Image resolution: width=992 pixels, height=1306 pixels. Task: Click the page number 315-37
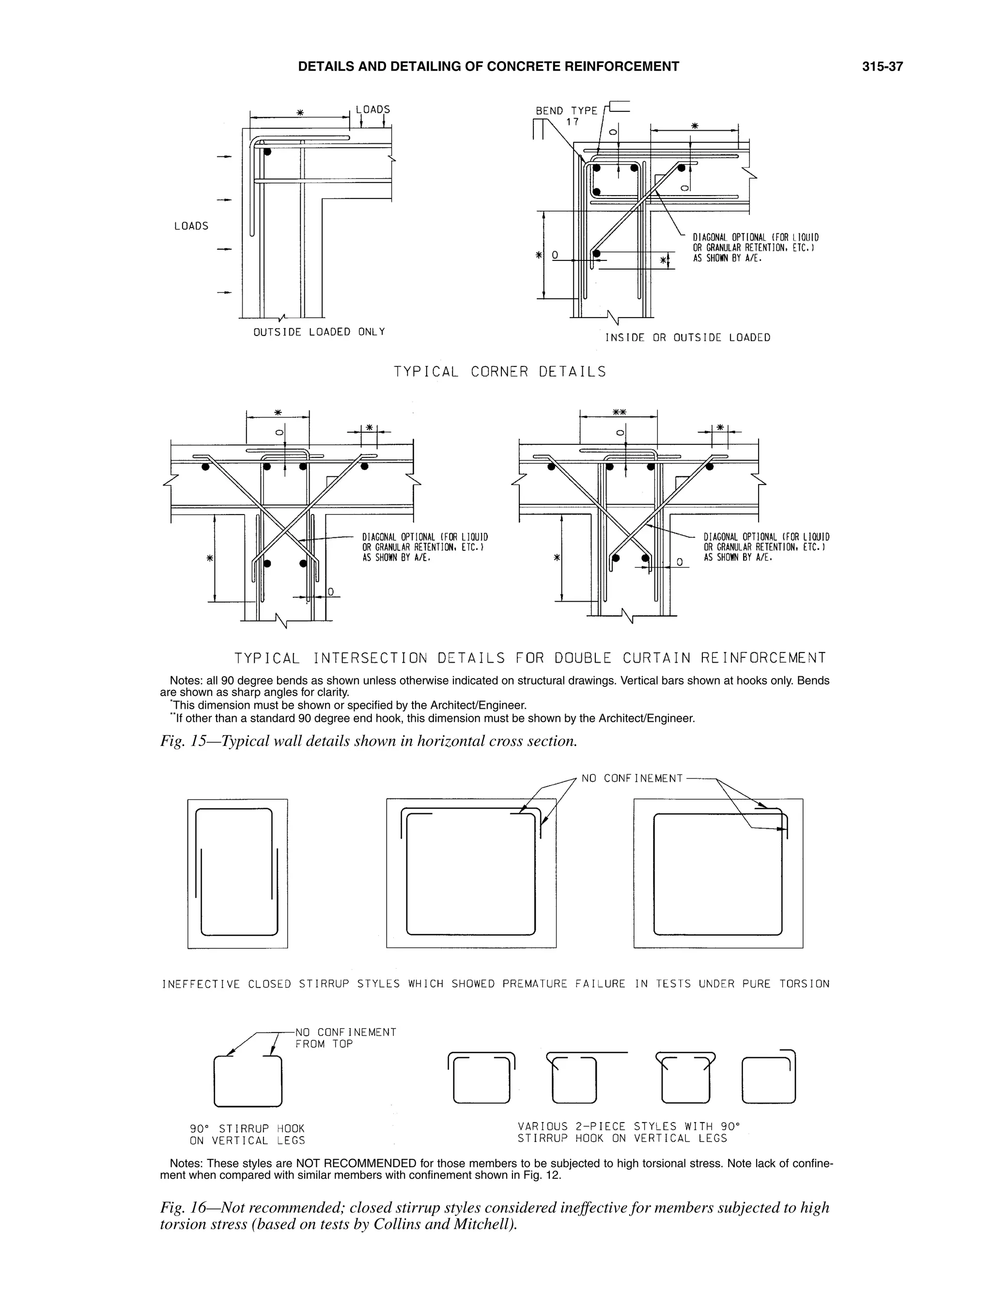(882, 67)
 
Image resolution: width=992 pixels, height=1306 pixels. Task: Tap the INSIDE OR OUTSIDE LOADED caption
(687, 338)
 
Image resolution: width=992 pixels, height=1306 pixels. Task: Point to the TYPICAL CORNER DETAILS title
(500, 372)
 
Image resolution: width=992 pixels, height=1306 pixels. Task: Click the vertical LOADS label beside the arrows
(191, 226)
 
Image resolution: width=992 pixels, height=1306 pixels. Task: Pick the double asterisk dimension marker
(619, 411)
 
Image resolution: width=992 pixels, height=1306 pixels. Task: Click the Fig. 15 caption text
(368, 741)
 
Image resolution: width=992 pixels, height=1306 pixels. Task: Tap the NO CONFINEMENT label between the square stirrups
(632, 778)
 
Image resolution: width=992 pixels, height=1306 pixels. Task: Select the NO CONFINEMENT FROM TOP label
(345, 1038)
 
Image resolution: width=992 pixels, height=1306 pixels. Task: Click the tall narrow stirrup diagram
(237, 873)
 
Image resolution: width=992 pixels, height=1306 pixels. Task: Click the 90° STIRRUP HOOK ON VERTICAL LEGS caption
(247, 1134)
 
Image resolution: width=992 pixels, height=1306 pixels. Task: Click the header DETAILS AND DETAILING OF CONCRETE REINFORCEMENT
(488, 67)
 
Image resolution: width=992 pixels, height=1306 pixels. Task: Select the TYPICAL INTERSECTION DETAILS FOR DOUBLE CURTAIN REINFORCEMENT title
(529, 658)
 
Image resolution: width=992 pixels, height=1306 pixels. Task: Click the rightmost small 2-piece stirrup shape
(769, 1078)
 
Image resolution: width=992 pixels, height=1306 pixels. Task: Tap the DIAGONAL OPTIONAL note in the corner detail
(755, 247)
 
